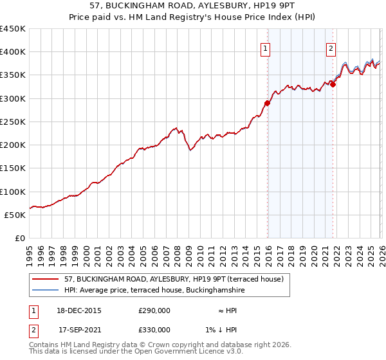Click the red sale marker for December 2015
(267, 103)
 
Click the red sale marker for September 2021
(333, 84)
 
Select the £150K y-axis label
(13, 168)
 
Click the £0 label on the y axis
(19, 238)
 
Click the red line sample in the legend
(46, 279)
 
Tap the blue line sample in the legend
(46, 291)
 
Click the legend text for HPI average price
(154, 291)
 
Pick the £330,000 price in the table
(154, 330)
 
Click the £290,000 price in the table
(154, 310)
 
